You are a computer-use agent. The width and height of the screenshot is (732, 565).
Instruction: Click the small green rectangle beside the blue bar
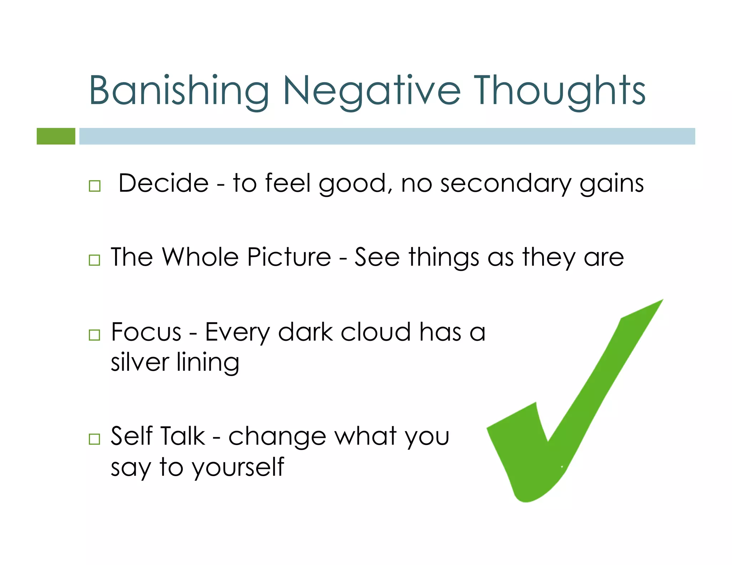56,136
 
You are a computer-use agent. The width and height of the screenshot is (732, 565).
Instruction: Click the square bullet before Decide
95,186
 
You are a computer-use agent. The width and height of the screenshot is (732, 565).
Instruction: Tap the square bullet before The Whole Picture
94,260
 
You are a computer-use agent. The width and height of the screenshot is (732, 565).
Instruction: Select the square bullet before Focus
94,335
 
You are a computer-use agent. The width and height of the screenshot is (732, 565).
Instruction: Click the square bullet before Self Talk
94,439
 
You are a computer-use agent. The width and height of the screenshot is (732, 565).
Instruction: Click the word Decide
163,183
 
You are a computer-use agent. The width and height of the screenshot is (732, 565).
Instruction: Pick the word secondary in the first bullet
505,183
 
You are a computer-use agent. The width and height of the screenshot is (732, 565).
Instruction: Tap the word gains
612,183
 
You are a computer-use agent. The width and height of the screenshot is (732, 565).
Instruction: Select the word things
444,257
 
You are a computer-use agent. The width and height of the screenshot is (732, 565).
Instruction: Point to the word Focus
146,332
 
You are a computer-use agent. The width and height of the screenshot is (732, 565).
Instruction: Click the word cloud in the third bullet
375,332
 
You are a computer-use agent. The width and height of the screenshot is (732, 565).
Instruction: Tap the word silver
140,362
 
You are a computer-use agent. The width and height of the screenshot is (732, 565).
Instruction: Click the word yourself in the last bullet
238,466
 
